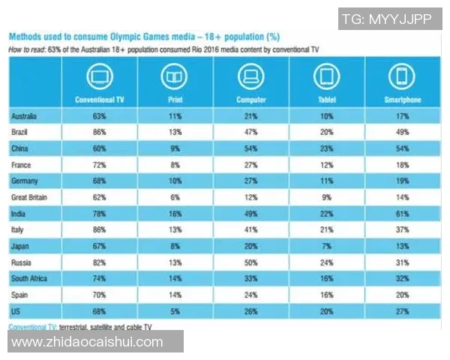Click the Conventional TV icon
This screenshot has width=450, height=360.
(100, 76)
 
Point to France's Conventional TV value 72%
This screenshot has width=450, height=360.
(100, 163)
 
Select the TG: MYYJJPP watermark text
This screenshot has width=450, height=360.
(386, 19)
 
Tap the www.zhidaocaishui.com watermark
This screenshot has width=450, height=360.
(88, 342)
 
